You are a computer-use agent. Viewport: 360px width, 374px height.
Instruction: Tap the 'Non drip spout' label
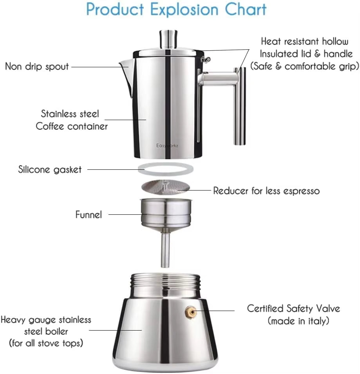(37, 66)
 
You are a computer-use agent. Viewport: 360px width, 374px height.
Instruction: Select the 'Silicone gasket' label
(50, 169)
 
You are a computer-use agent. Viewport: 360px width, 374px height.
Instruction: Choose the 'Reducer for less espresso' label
(266, 191)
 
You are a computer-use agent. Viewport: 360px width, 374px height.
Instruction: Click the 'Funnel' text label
(89, 214)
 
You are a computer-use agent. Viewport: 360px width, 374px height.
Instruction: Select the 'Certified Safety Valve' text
(293, 308)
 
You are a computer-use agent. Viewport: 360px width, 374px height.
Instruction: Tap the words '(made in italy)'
(298, 321)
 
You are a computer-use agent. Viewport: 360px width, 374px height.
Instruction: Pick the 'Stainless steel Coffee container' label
(71, 120)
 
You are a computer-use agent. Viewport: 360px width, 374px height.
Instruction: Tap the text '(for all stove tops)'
(46, 343)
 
